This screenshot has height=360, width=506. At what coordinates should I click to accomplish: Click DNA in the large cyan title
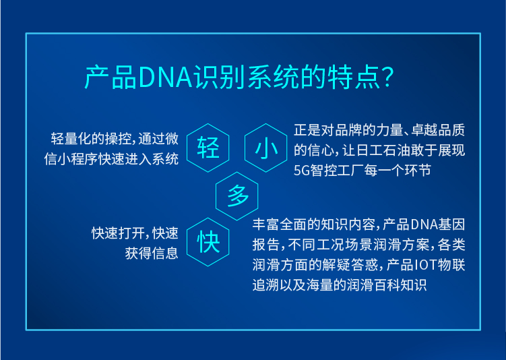[x=166, y=78]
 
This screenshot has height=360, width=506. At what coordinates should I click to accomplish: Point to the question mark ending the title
[x=387, y=77]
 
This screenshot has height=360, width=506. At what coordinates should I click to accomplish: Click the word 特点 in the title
[x=354, y=78]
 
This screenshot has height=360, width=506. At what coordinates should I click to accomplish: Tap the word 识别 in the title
[x=220, y=78]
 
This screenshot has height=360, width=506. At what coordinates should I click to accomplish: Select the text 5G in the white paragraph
[x=302, y=171]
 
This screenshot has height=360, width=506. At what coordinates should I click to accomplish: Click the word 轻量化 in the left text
[x=71, y=139]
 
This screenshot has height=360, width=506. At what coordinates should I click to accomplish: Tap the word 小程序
[x=77, y=159]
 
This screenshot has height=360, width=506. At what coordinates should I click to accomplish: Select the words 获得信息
[x=152, y=253]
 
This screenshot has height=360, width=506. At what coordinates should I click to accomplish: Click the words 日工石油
[x=383, y=150]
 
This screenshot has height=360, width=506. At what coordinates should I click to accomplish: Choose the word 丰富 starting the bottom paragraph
[x=266, y=224]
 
